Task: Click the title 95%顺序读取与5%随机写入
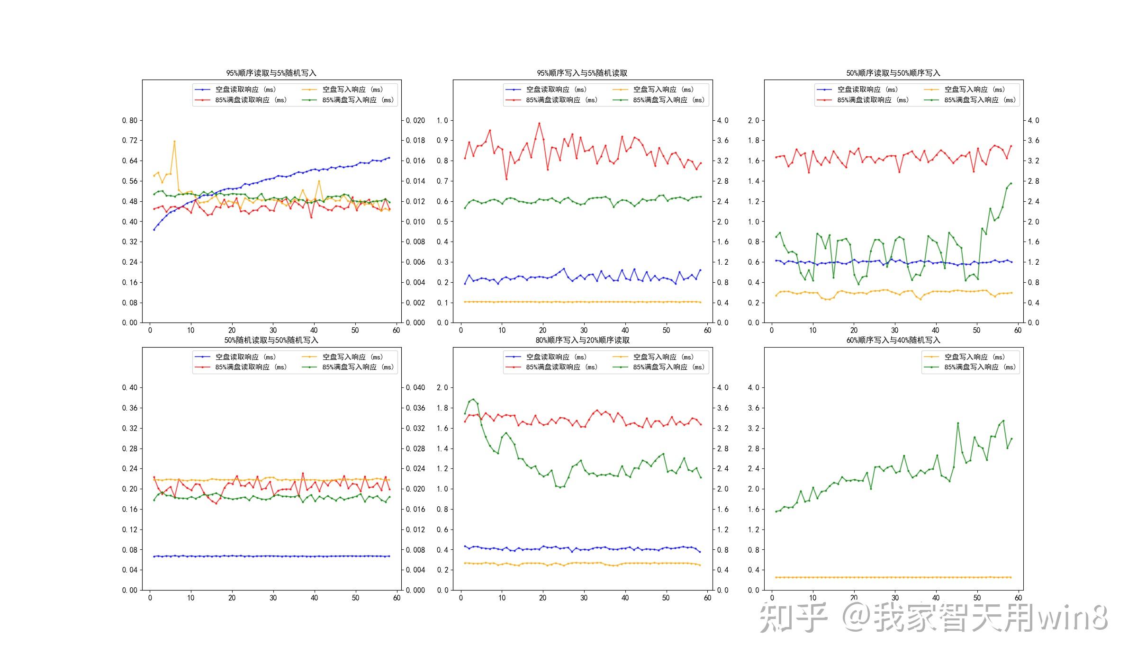(x=271, y=73)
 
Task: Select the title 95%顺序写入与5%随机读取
(x=582, y=73)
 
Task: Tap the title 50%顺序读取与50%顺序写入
(x=893, y=73)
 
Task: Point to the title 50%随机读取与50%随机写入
(x=271, y=340)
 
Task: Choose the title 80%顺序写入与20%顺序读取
(x=582, y=340)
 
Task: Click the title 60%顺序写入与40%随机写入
(x=893, y=340)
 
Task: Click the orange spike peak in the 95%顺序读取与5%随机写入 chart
(x=174, y=141)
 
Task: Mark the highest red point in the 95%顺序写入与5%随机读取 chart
(x=539, y=124)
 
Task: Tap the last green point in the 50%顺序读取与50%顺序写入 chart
(x=1011, y=183)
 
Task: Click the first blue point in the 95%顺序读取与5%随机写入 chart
(x=154, y=230)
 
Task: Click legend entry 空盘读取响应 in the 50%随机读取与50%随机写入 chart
(x=245, y=357)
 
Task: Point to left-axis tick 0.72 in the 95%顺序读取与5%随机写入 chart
(x=130, y=141)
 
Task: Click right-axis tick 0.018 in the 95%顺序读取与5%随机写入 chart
(x=415, y=141)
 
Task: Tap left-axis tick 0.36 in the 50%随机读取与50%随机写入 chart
(x=130, y=408)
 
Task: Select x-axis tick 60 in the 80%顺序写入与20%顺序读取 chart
(x=707, y=598)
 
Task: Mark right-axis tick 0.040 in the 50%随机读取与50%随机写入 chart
(x=415, y=387)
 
